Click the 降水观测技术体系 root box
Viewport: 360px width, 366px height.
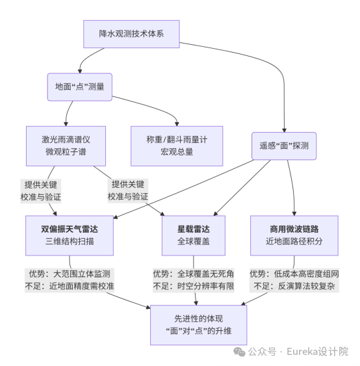pyautogui.click(x=131, y=34)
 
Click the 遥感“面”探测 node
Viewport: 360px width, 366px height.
pyautogui.click(x=284, y=146)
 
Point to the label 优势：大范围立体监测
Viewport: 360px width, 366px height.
pyautogui.click(x=70, y=274)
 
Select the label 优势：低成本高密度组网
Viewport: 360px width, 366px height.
pyautogui.click(x=294, y=274)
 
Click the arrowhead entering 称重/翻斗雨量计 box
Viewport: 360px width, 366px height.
pyautogui.click(x=177, y=123)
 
